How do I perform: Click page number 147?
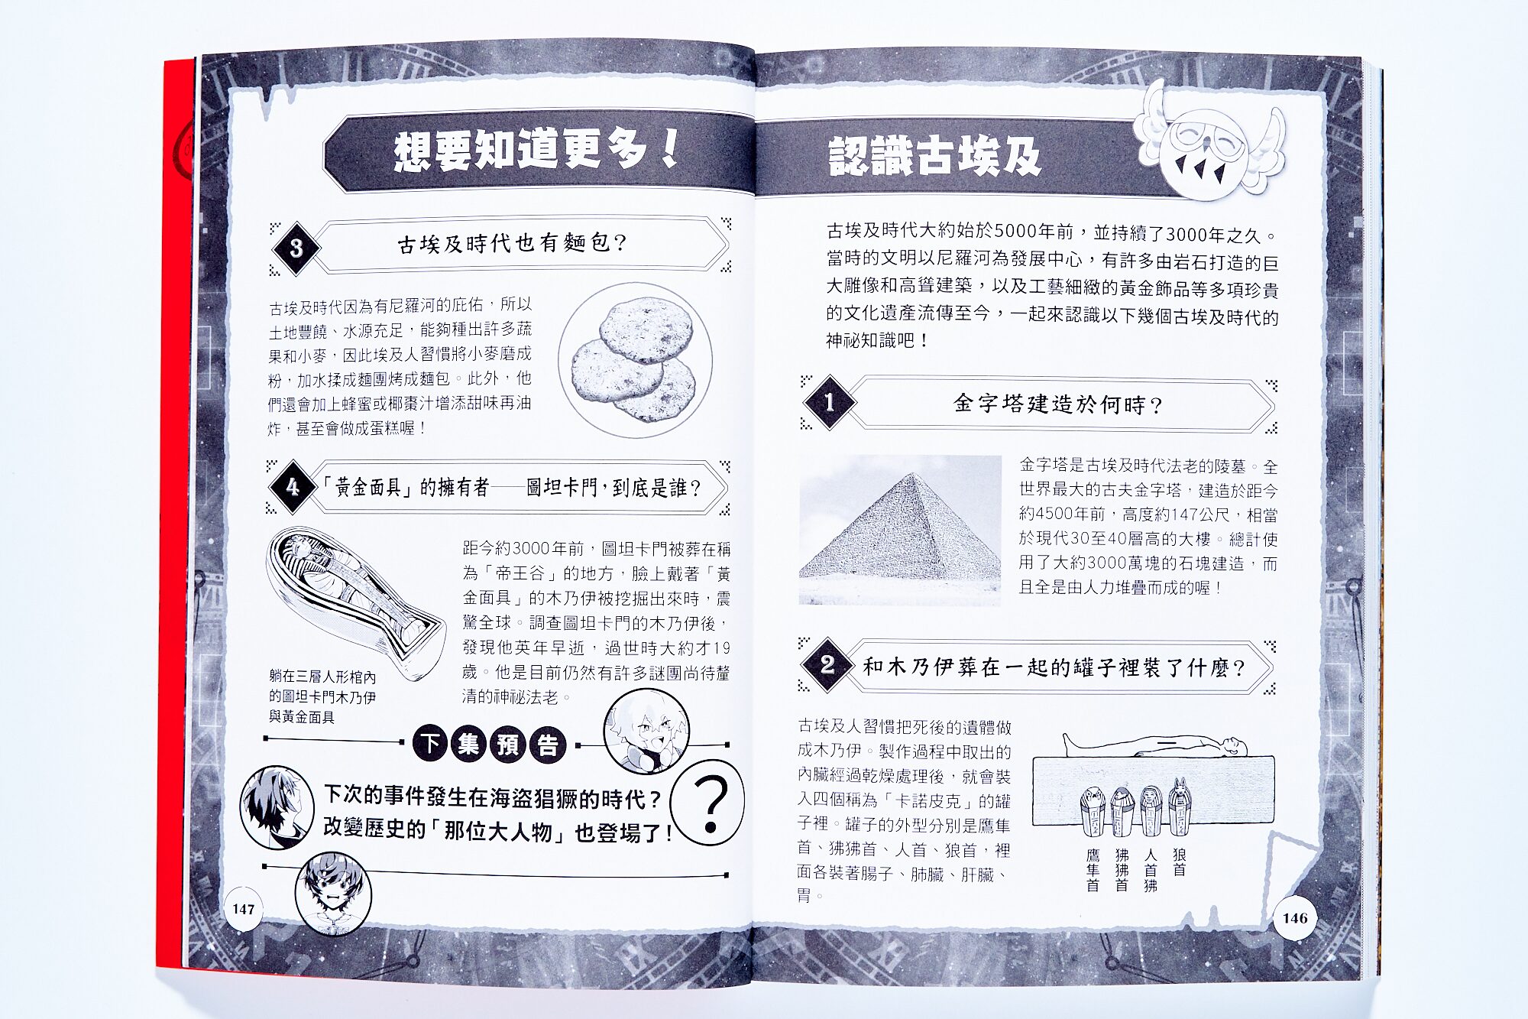pyautogui.click(x=244, y=909)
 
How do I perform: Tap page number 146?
pyautogui.click(x=1295, y=918)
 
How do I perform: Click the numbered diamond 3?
pyautogui.click(x=296, y=248)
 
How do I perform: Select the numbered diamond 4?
pyautogui.click(x=293, y=487)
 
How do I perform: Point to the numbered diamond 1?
pyautogui.click(x=830, y=402)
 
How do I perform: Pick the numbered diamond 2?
pyautogui.click(x=827, y=664)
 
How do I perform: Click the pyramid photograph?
pyautogui.click(x=900, y=530)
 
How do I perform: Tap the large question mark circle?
pyautogui.click(x=708, y=802)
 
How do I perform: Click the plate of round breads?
pyautogui.click(x=635, y=360)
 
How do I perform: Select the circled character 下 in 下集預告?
pyautogui.click(x=431, y=743)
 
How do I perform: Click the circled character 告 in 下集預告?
pyautogui.click(x=548, y=745)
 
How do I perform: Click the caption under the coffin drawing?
pyautogui.click(x=322, y=696)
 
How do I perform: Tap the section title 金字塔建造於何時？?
pyautogui.click(x=1058, y=404)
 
